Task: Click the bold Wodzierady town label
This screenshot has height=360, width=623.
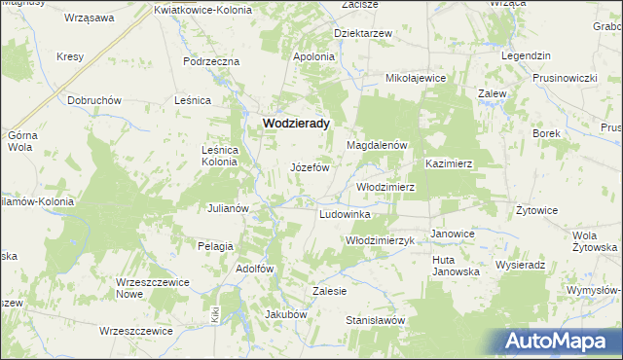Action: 296,124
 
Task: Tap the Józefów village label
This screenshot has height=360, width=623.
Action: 311,167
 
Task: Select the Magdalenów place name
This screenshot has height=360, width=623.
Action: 377,145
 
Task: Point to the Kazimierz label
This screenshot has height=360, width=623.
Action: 448,164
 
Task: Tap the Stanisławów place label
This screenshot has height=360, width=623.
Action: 375,319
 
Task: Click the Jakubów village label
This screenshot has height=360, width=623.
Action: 286,314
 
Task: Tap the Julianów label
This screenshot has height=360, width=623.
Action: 230,208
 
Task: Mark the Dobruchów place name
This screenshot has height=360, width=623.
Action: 93,100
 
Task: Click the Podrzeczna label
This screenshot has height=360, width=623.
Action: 211,61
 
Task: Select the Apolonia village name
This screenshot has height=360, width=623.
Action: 314,56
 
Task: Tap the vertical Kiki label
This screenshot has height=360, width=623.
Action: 214,314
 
